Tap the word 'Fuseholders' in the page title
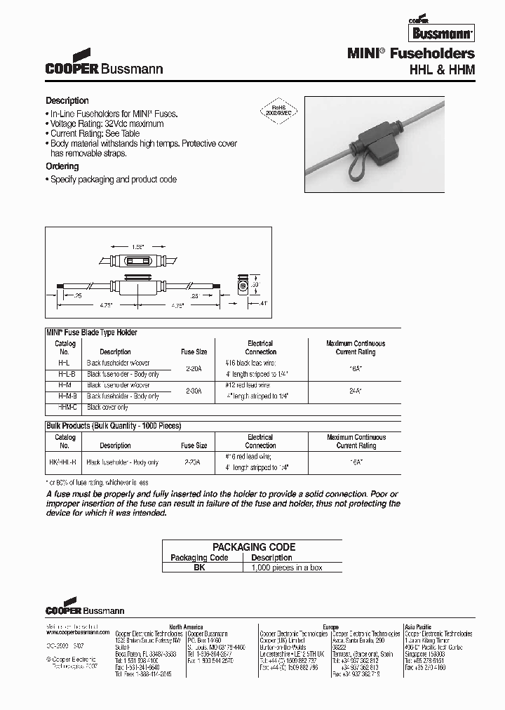click(440, 53)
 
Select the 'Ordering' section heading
click(62, 166)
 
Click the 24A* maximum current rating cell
click(356, 390)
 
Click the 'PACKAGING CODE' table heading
click(254, 547)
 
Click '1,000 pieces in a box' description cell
click(286, 567)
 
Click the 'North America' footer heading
click(185, 627)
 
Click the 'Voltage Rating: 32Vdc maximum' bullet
click(107, 123)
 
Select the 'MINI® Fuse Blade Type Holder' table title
click(92, 333)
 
